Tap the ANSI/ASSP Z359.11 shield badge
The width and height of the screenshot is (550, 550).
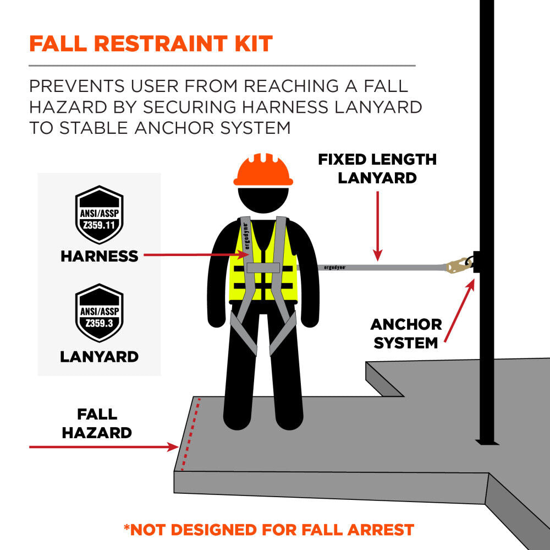point(99,215)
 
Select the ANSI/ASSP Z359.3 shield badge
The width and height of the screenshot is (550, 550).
point(99,313)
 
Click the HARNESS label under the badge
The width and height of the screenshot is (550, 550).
point(99,256)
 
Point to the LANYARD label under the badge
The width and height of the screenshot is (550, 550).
point(99,357)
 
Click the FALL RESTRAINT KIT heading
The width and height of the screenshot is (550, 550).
point(151,43)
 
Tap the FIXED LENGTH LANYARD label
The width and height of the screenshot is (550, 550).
point(377,168)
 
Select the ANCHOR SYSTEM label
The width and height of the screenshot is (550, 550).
point(406,333)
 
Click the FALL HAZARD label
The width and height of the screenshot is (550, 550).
point(97,423)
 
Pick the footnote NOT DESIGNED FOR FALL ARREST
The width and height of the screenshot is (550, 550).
point(268,530)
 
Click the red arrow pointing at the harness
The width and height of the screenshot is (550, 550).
point(193,255)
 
